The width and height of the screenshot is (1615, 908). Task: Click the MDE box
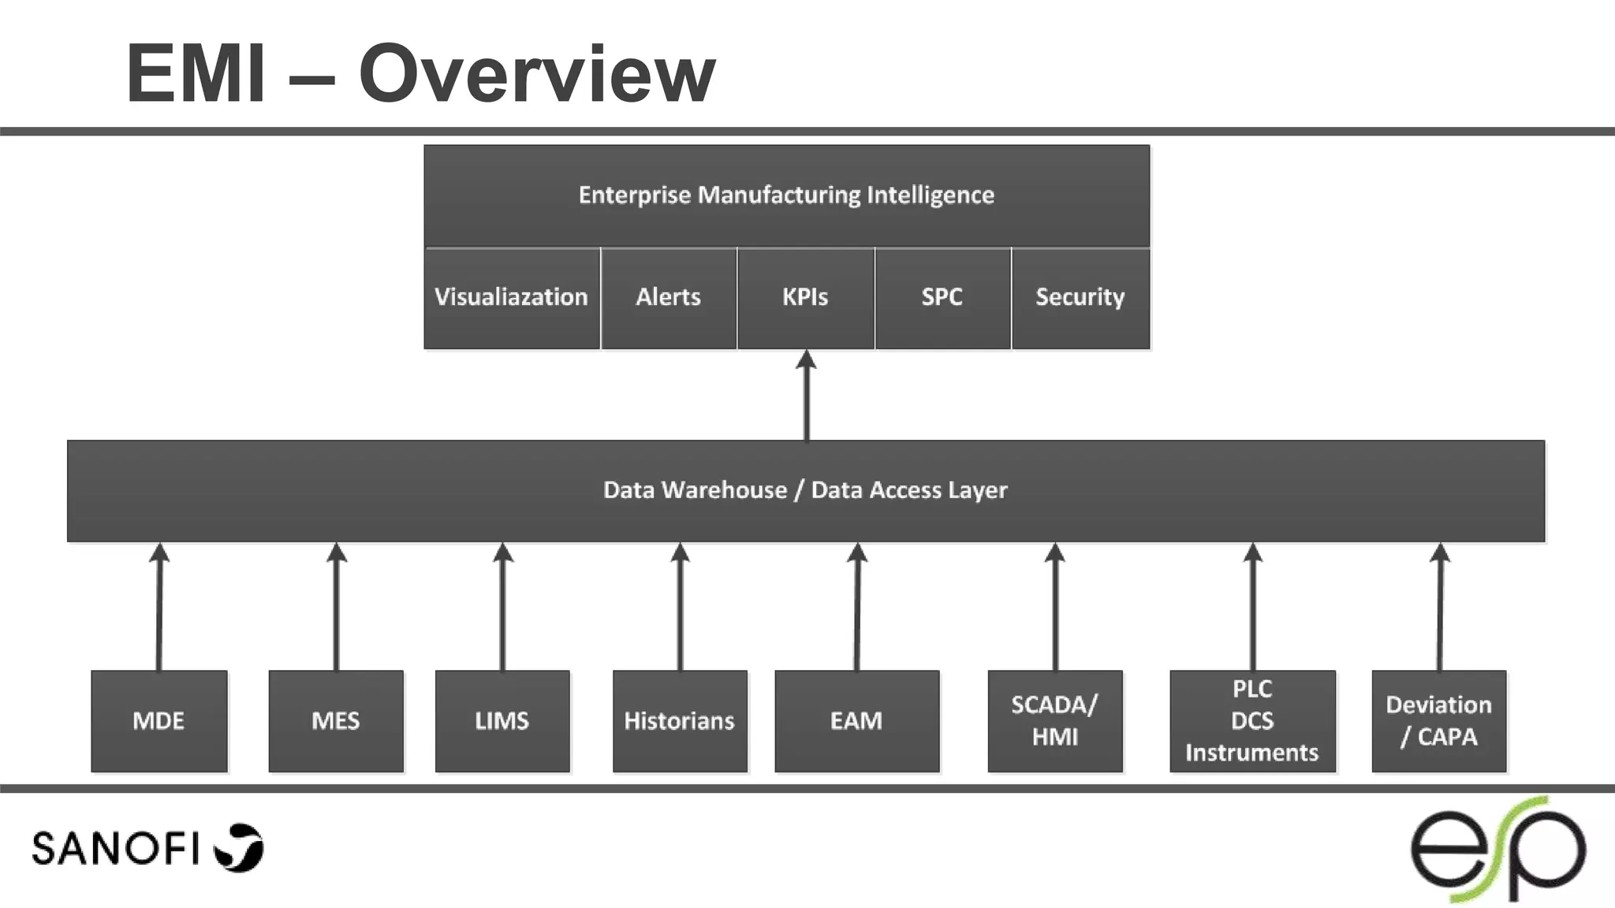tap(159, 720)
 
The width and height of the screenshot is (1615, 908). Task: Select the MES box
tap(336, 720)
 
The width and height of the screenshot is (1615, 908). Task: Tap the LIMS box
tap(502, 720)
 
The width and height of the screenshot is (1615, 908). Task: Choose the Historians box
tap(680, 720)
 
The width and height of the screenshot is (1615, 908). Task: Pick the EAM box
tap(856, 720)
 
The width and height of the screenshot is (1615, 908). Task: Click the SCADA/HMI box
tap(1054, 720)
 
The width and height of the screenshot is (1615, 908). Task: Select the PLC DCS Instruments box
tap(1252, 720)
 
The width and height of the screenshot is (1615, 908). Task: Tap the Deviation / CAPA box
tap(1438, 720)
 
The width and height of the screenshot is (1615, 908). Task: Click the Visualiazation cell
tap(512, 297)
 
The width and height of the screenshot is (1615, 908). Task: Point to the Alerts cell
tap(669, 297)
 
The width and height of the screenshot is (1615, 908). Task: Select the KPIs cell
tap(805, 297)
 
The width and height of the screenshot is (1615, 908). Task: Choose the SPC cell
tap(942, 297)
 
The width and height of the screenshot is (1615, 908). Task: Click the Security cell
tap(1080, 297)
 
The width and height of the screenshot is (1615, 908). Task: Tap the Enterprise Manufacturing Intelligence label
tap(786, 195)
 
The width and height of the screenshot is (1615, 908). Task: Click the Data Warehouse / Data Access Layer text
tap(805, 490)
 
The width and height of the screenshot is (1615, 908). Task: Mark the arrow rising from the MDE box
tap(159, 607)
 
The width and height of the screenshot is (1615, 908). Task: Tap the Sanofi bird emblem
tap(240, 847)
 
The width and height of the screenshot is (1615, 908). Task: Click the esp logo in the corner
tap(1498, 850)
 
